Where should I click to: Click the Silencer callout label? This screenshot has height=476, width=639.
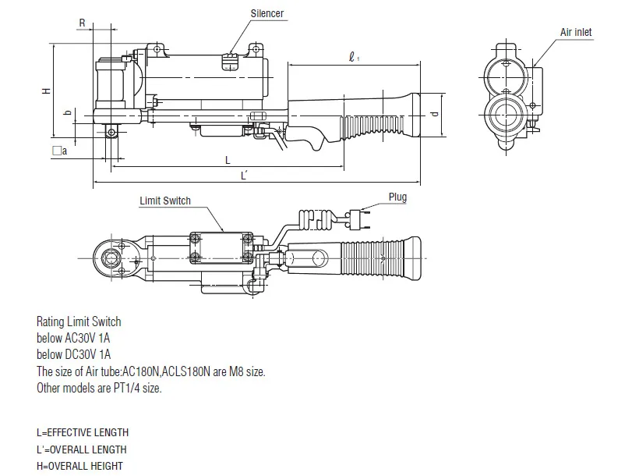(267, 13)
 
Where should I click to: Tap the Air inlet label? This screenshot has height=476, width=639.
(575, 32)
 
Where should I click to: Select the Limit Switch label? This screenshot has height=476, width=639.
(165, 201)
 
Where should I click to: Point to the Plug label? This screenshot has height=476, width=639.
(397, 197)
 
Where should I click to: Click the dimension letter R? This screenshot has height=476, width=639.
(83, 23)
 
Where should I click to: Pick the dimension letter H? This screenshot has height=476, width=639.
(47, 91)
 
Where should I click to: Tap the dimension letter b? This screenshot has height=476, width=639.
(68, 112)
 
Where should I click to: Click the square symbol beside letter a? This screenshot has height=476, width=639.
(57, 151)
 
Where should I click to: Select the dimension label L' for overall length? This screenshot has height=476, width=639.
(244, 176)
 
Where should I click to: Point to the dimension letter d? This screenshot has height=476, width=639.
(435, 114)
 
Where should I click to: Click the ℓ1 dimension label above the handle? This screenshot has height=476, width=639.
(354, 57)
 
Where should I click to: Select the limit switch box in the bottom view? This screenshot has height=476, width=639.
(221, 247)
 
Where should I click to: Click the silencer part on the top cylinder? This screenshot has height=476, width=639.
(230, 61)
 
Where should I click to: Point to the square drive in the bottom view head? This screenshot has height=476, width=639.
(111, 258)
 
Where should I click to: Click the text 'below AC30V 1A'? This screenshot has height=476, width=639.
(73, 339)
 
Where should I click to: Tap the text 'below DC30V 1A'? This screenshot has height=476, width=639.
(74, 354)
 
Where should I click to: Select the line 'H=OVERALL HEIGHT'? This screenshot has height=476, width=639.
(79, 466)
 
